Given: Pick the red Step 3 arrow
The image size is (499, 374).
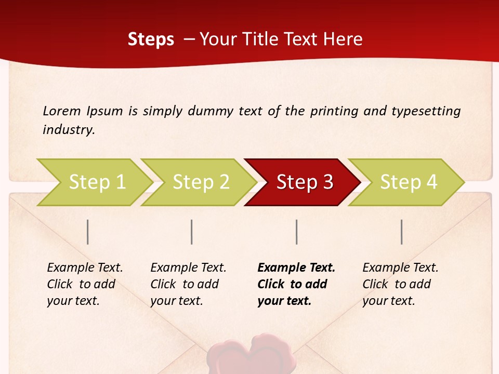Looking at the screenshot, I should click(x=305, y=182).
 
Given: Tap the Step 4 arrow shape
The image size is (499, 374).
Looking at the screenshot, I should click(x=409, y=182).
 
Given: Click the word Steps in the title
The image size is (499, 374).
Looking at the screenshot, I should click(x=151, y=39).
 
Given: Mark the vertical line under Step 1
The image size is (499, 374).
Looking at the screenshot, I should click(x=88, y=232).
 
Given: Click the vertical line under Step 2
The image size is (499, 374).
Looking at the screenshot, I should click(x=192, y=232).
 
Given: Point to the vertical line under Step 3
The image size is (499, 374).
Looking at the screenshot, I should click(x=297, y=232).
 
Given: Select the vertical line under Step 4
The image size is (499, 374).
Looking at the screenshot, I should click(x=402, y=232).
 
